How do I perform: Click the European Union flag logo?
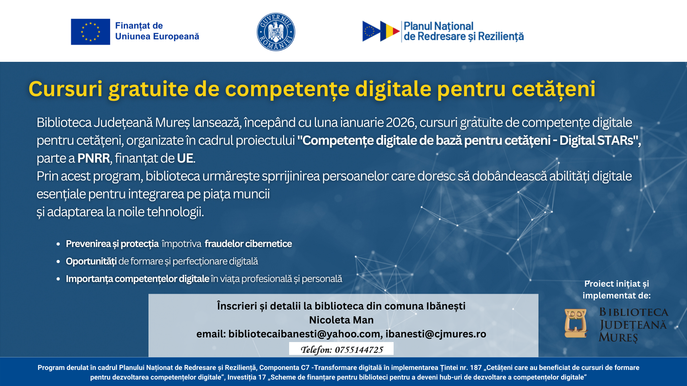(x=91, y=32)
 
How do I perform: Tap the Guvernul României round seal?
(x=276, y=32)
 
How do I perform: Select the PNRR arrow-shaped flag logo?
(x=381, y=31)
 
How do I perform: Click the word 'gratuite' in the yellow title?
(x=148, y=89)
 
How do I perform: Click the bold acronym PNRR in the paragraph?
(x=94, y=158)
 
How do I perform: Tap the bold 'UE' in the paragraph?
(x=185, y=158)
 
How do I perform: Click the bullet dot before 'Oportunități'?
(x=58, y=262)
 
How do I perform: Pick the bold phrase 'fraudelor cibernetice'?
(x=248, y=244)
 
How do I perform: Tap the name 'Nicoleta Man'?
(x=341, y=320)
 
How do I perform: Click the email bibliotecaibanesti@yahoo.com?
(x=304, y=334)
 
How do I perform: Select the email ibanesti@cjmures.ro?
(x=436, y=334)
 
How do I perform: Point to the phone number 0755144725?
(x=359, y=350)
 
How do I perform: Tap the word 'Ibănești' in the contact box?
(x=445, y=306)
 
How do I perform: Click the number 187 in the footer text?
(x=476, y=368)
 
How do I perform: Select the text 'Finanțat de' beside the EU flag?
(x=139, y=26)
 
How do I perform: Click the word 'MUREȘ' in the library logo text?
(x=618, y=337)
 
